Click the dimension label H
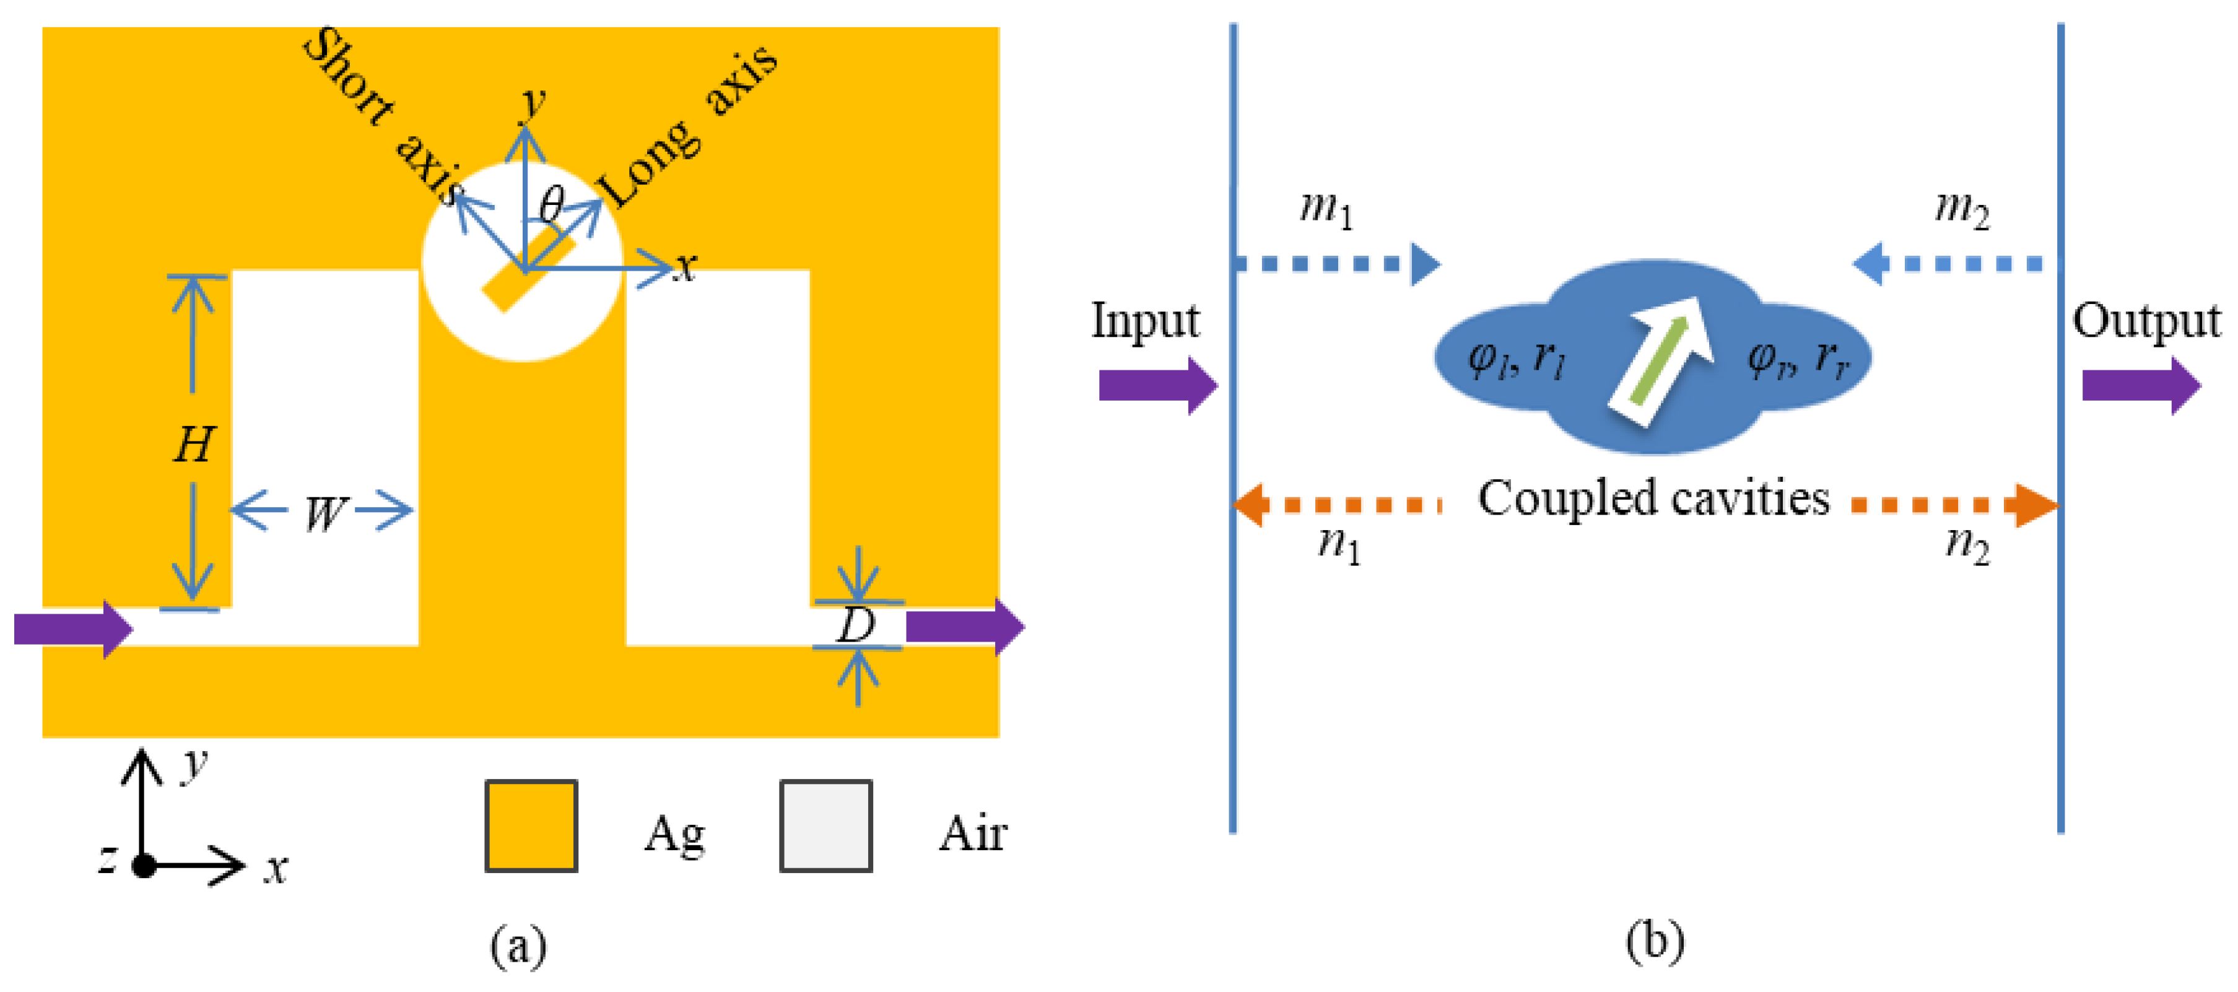point(193,445)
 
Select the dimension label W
point(323,513)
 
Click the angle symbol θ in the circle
point(551,205)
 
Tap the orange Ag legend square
point(531,825)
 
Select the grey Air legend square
point(825,825)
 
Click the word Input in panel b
point(1144,321)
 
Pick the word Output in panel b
point(2146,321)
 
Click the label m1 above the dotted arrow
point(1326,209)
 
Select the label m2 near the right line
point(1962,209)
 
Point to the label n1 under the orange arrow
point(1339,545)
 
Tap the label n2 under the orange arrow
point(1967,545)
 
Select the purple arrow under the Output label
point(2141,385)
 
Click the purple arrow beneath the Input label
point(1157,385)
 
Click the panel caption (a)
point(519,945)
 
